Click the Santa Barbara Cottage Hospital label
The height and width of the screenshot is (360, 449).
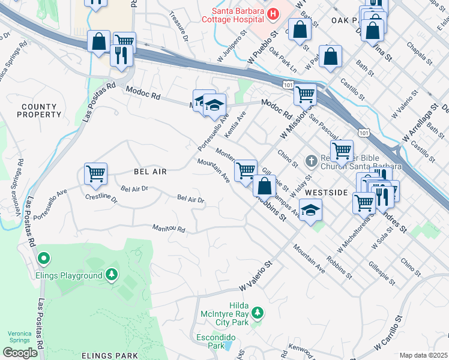(x=235, y=17)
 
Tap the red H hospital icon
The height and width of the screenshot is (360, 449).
(x=273, y=13)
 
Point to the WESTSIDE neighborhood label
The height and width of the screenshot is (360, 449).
(x=326, y=193)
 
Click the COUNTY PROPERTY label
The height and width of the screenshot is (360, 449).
(x=39, y=110)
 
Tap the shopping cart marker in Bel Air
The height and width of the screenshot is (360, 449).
(x=96, y=175)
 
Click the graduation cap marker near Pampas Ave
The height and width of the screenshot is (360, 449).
(x=310, y=210)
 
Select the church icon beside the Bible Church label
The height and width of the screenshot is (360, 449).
(x=310, y=161)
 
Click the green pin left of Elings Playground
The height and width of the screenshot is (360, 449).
(x=43, y=259)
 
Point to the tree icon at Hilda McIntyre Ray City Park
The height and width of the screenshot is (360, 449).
(x=257, y=313)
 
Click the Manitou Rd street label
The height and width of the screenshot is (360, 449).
(x=168, y=229)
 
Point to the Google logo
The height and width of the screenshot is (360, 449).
(x=20, y=352)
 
